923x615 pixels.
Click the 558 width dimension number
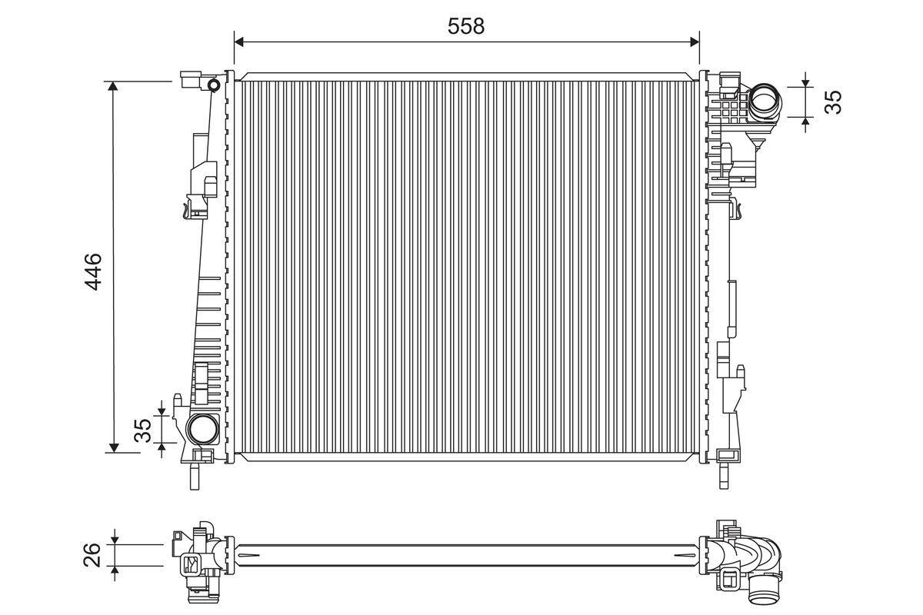tap(466, 25)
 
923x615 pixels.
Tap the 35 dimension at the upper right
tap(834, 101)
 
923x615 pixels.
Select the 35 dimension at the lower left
tap(143, 430)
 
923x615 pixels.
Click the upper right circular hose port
tap(764, 101)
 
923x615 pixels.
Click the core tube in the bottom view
tap(461, 554)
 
